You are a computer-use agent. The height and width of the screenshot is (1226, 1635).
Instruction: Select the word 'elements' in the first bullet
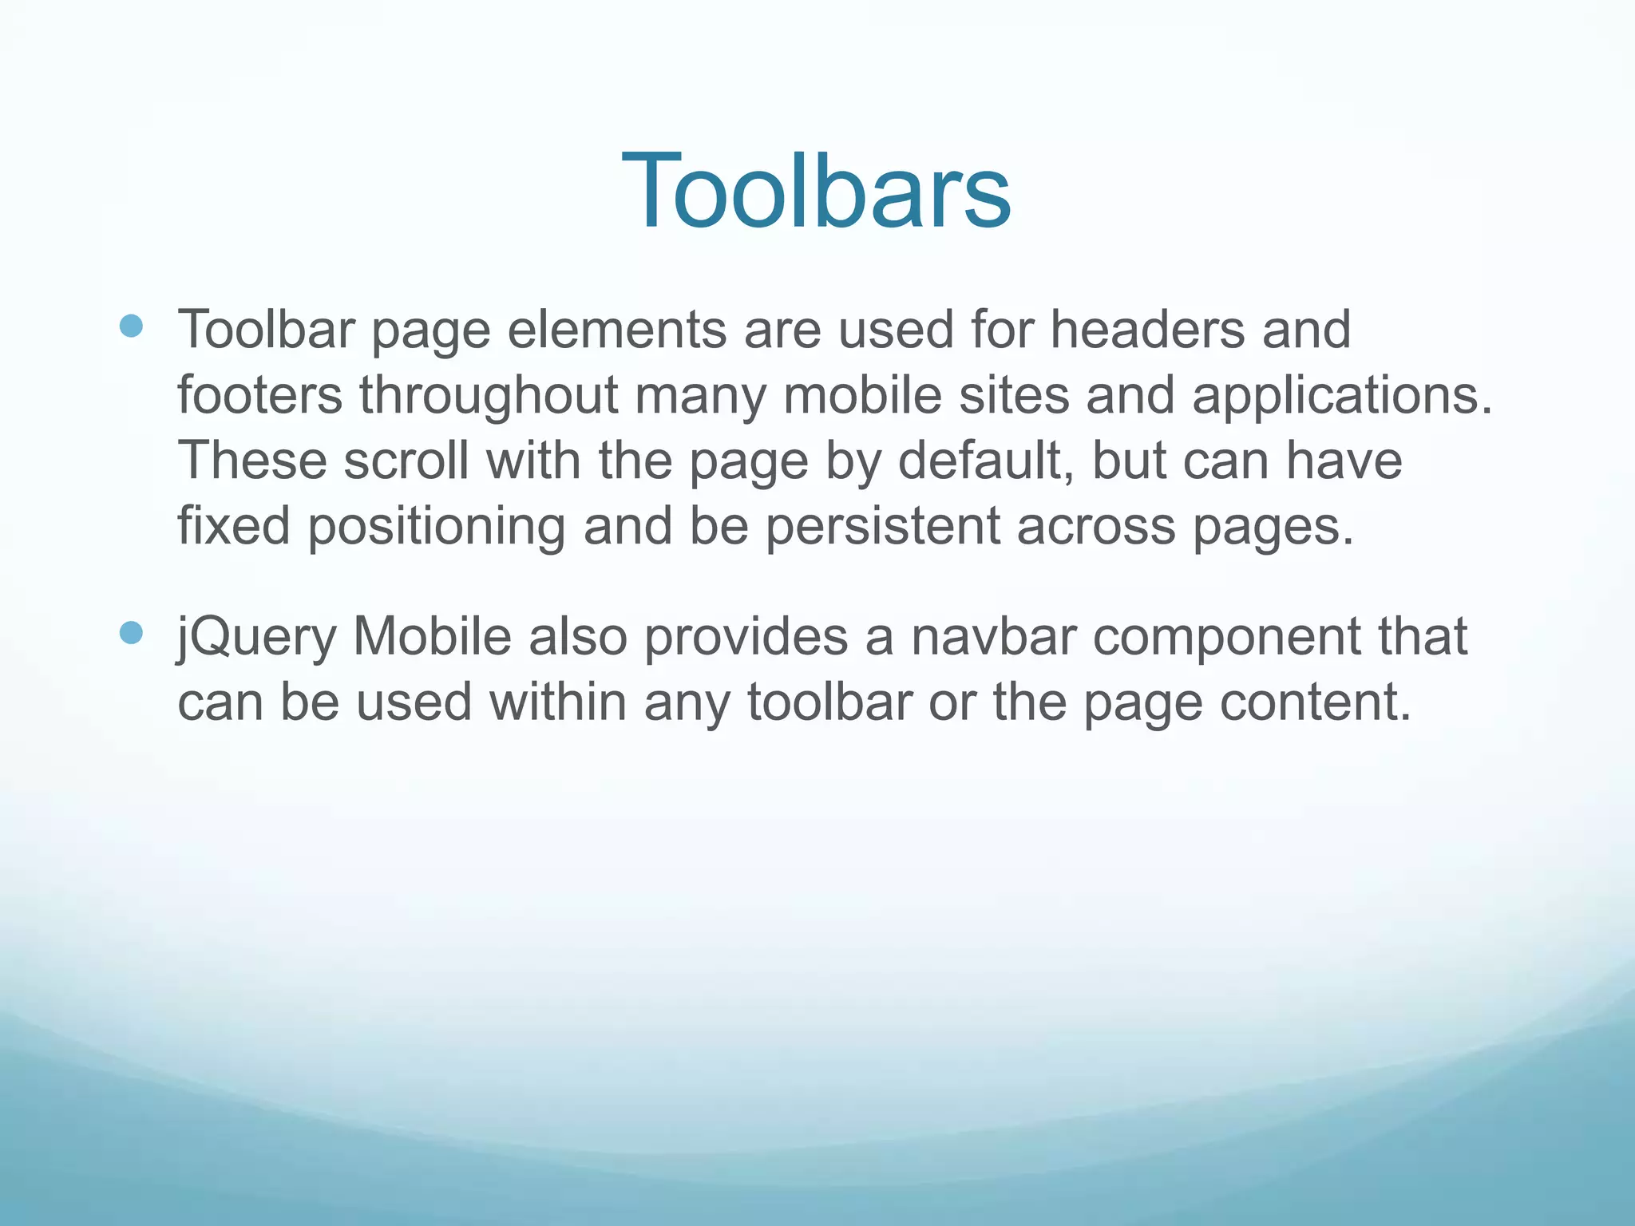617,330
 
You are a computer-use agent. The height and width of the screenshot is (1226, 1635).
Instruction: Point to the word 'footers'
259,395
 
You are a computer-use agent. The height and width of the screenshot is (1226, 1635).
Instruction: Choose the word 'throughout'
489,397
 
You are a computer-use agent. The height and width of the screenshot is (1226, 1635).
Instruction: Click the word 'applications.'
1341,397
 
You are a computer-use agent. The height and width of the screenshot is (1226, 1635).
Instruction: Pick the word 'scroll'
406,461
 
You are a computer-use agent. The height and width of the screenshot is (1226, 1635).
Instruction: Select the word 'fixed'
233,527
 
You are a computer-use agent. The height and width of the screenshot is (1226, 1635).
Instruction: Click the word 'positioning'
437,528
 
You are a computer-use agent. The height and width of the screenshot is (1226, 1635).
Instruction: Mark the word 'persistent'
882,527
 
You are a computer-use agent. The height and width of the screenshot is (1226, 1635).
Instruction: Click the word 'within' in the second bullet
557,702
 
